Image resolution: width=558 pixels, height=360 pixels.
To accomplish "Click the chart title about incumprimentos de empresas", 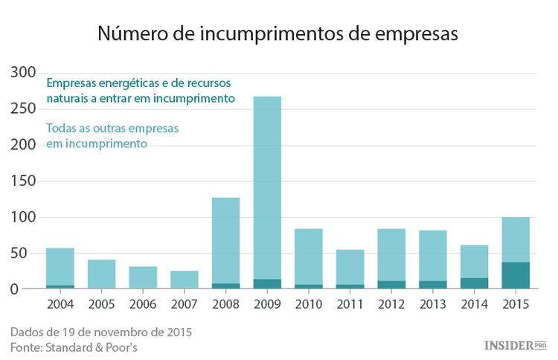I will coord(278,34).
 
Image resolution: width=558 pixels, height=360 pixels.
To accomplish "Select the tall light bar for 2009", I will coord(267,186).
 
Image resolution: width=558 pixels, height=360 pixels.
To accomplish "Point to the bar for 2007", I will coord(184,280).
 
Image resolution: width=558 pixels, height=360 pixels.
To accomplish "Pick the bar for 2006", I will coord(142,277).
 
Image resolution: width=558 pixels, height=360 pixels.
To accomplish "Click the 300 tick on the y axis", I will coord(23,73).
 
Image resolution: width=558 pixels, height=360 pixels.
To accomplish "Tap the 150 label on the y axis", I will coord(23,181).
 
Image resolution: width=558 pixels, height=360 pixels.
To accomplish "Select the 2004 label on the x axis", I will coord(60,305).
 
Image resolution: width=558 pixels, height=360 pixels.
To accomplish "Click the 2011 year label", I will coord(350,305).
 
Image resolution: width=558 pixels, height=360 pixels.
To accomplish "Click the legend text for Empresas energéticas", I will coord(141,90).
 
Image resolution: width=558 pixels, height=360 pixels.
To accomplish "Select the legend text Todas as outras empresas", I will coord(112,135).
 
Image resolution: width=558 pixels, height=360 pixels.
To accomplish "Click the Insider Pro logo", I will coord(515,345).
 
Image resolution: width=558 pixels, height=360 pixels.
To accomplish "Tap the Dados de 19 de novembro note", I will coord(100,332).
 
